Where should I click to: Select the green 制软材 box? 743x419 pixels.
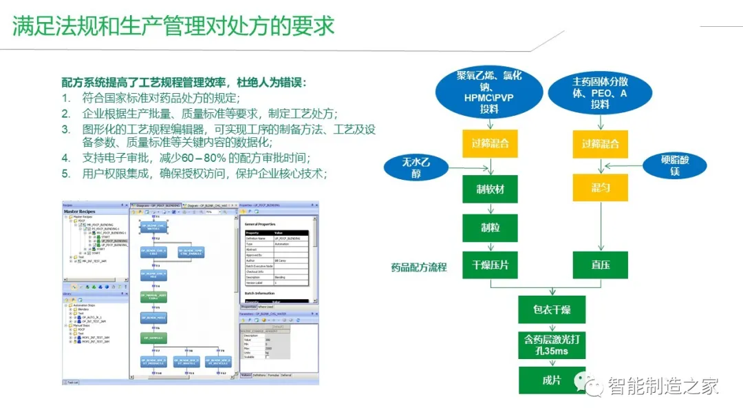[x=490, y=188]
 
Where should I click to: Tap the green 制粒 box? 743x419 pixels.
[x=490, y=227]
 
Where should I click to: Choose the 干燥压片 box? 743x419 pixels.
[x=490, y=265]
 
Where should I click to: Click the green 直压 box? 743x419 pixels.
[x=601, y=265]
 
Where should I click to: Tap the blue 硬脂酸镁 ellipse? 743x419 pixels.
[x=675, y=166]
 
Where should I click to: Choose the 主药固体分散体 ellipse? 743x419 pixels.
[x=600, y=92]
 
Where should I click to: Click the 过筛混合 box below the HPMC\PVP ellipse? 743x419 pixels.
[x=490, y=144]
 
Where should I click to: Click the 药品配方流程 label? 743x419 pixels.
[x=419, y=267]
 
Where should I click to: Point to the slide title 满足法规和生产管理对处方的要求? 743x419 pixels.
[x=173, y=25]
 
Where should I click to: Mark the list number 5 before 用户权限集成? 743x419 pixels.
[x=66, y=174]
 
